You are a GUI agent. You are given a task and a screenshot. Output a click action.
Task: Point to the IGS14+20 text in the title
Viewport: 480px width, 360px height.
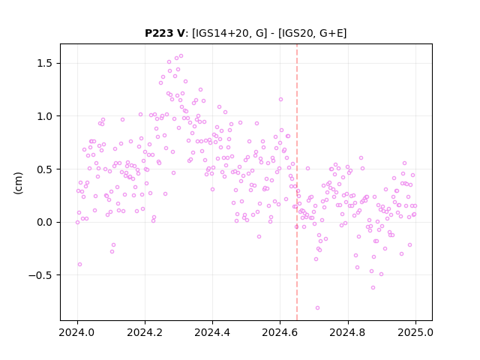coord(220,33)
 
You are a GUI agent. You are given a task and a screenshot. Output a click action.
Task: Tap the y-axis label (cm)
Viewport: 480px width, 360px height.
coord(18,183)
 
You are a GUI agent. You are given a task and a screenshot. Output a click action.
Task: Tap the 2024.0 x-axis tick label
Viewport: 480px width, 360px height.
coord(77,332)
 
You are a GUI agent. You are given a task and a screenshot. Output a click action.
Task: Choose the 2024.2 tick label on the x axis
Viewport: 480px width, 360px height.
coord(145,332)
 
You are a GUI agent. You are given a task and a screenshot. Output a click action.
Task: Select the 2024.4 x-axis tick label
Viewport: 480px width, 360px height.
coord(212,332)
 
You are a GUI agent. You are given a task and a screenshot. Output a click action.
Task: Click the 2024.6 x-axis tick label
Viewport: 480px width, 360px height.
coord(280,332)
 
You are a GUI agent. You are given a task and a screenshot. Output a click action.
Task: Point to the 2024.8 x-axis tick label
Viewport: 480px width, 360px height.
coord(348,332)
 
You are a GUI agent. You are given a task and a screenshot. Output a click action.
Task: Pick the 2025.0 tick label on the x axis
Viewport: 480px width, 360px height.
coord(415,332)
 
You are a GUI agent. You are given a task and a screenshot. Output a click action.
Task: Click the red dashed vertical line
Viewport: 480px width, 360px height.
coord(297,182)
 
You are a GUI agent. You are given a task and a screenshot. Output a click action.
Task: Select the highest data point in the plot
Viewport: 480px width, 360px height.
coord(181,56)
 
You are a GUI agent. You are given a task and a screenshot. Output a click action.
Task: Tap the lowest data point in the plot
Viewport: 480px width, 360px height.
coord(317,308)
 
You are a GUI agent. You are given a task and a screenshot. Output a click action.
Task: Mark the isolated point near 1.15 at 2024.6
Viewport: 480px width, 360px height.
coord(280,100)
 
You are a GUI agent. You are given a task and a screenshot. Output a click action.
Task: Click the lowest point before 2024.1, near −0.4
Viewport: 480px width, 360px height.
coord(80,265)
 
